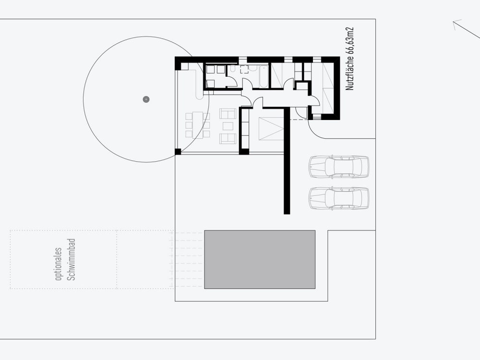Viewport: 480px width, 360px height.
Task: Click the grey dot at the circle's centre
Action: coord(146,99)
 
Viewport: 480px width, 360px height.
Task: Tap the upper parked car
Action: coord(339,167)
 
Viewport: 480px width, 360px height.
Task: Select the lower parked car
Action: coord(339,198)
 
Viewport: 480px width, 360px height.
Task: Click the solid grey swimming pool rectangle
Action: coord(260,259)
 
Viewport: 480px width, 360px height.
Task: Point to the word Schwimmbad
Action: coord(72,259)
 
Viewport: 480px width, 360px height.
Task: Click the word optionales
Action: coord(58,264)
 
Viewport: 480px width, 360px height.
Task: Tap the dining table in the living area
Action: coord(198,125)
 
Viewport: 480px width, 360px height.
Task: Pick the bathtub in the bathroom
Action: coord(264,77)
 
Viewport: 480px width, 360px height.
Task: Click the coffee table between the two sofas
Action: coord(228,126)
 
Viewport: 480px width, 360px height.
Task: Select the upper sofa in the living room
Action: coord(228,114)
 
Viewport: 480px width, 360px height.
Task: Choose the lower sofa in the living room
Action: coord(228,139)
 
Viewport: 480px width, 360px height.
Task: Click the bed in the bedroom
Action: coord(271,129)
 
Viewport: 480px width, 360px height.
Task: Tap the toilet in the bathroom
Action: coord(233,69)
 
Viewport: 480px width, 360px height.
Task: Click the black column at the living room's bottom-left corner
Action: coord(178,152)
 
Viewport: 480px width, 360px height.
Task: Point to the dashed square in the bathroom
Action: coord(244,69)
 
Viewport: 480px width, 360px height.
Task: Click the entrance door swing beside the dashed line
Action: coord(301,113)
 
